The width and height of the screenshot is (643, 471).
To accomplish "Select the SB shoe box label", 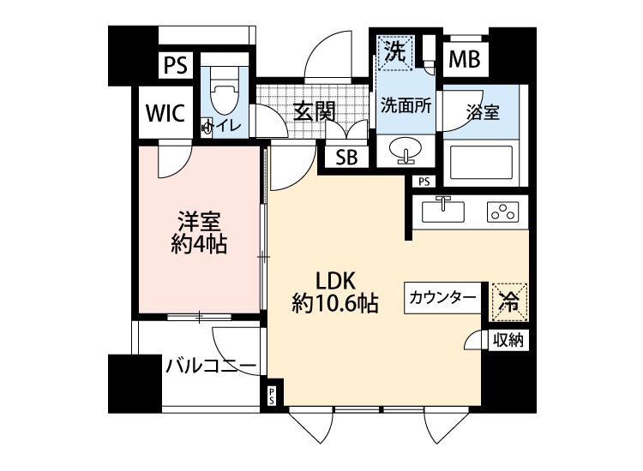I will pos(346,157).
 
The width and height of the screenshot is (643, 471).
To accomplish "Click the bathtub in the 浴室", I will pos(481,161).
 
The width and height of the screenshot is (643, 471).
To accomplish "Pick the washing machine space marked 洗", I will pos(394,51).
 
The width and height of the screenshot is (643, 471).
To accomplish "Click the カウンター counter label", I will pos(442,298).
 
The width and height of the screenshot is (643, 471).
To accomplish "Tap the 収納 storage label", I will pos(509,341).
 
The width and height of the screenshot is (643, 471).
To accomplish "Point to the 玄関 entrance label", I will pos(312,111).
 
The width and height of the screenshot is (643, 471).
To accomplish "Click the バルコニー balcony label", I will pos(211,367).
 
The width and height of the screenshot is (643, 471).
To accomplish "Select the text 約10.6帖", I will pos(336,302).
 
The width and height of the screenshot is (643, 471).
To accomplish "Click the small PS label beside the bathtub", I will pos(423,182).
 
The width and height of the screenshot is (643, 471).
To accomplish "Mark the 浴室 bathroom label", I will pos(484,111).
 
